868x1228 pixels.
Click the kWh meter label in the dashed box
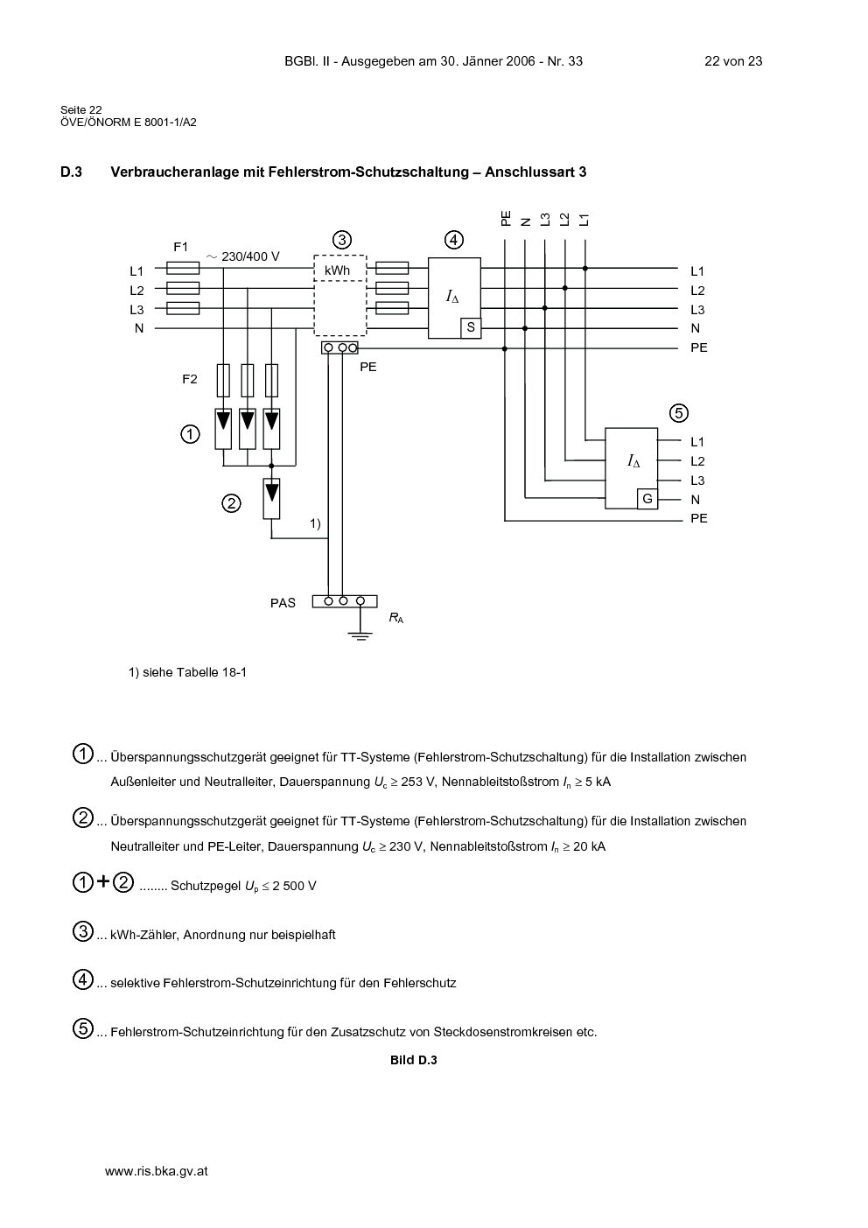click(x=337, y=270)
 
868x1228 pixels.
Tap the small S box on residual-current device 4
click(x=471, y=328)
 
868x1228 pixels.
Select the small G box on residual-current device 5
click(x=647, y=499)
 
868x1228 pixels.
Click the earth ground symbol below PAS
click(x=360, y=636)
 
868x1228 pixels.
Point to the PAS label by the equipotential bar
click(x=283, y=603)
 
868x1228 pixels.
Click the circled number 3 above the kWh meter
click(x=342, y=240)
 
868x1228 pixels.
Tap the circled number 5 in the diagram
click(x=679, y=413)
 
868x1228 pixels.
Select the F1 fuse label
click(x=181, y=247)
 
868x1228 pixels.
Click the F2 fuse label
click(x=190, y=379)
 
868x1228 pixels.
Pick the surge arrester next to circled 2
click(x=272, y=498)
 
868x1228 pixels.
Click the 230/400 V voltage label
click(x=242, y=256)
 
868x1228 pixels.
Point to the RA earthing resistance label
click(x=395, y=619)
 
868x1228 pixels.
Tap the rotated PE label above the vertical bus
click(x=505, y=219)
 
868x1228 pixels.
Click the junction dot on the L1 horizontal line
click(x=585, y=269)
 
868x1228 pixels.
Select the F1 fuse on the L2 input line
click(x=183, y=288)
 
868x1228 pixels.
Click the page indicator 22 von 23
click(x=733, y=61)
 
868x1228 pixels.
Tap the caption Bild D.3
click(x=414, y=1060)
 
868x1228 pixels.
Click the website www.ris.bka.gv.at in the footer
click(x=156, y=1171)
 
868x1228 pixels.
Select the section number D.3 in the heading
click(x=71, y=172)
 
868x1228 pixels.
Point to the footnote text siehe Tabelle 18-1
click(x=194, y=672)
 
